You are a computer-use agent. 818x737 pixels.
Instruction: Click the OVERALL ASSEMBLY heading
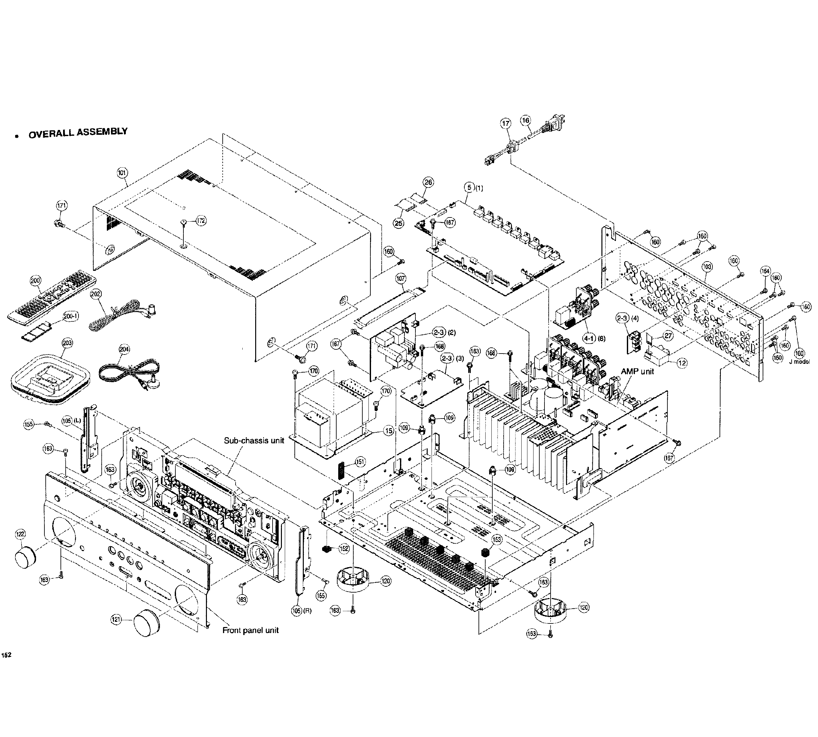[78, 133]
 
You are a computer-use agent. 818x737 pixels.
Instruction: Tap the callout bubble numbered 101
[122, 173]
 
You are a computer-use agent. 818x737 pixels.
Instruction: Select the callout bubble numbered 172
[201, 221]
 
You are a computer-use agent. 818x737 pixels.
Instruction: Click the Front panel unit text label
[250, 631]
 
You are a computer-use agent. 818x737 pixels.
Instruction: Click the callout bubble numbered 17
[506, 124]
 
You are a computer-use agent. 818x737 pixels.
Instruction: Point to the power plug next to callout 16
[553, 124]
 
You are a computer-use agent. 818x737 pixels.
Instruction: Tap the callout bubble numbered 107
[401, 279]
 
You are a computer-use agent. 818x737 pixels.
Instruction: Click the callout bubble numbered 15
[388, 431]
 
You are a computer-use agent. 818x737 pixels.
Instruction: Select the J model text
[799, 362]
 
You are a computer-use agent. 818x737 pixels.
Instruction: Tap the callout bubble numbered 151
[360, 462]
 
